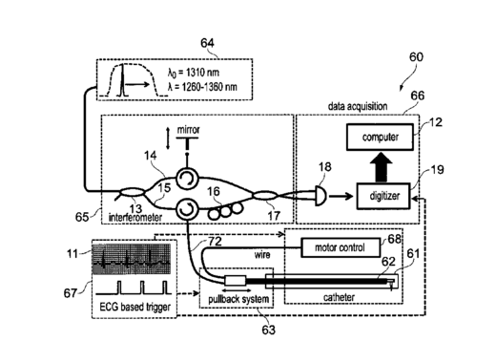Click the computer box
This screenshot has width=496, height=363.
coord(380,138)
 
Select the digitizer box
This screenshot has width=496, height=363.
coord(383,196)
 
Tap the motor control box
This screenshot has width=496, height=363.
coord(340,247)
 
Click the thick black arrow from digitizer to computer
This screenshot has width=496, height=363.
coord(382,166)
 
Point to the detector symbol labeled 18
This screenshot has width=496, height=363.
coord(320,196)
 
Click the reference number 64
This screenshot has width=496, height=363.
coord(207,43)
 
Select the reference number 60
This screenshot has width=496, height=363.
coord(416,57)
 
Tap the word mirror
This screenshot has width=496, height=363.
coord(188,130)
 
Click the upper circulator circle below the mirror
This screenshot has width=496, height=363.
coord(187,179)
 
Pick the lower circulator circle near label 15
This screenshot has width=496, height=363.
coord(187,209)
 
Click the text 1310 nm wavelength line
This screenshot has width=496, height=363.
coord(194,73)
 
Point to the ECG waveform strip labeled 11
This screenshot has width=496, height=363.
coord(132,259)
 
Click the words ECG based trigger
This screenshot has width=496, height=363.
coord(135,307)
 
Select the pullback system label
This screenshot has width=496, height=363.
coord(238,299)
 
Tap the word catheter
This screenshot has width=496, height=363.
coord(339,297)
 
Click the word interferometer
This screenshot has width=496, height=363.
coord(135,218)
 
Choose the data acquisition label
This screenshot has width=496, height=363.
coord(358,106)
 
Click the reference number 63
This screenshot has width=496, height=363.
coord(268,330)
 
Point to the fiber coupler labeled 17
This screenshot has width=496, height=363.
coord(265,195)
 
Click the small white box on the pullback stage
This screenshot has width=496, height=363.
coord(236,280)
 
